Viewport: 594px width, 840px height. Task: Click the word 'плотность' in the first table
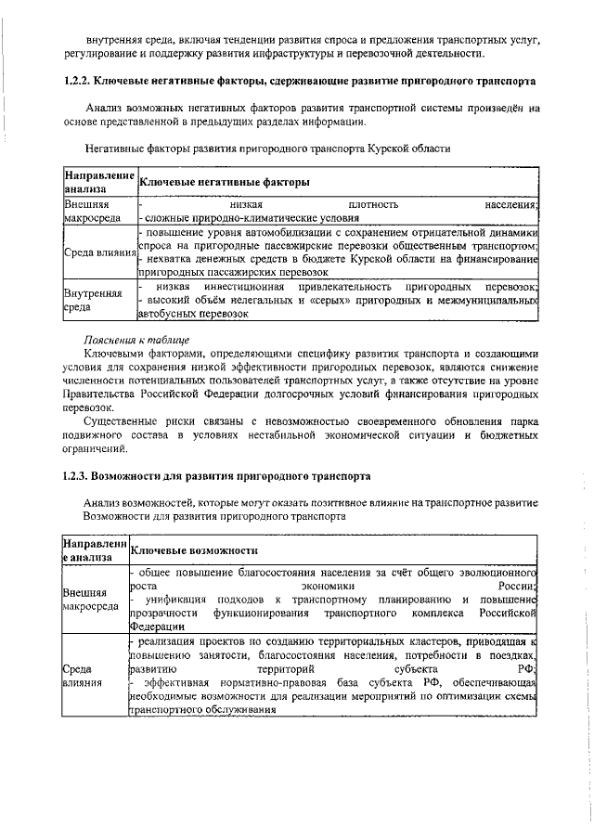pos(373,204)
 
